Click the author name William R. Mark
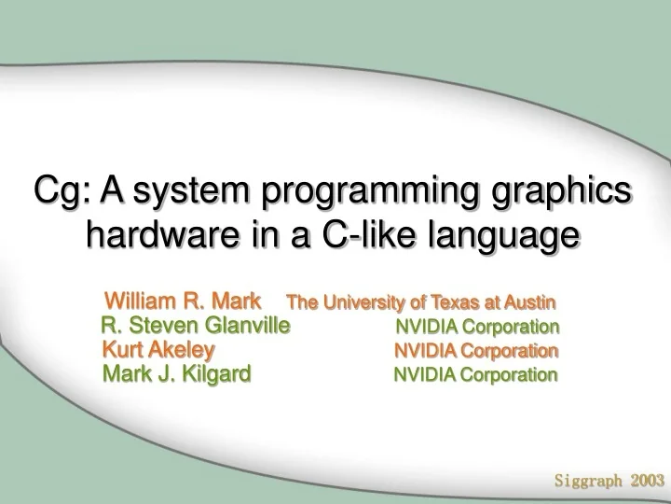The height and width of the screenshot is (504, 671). tap(182, 301)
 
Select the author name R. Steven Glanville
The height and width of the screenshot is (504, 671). tap(196, 326)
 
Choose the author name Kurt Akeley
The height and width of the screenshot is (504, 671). tap(158, 350)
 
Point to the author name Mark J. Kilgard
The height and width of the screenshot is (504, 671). tap(176, 374)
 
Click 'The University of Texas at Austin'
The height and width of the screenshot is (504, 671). tap(421, 302)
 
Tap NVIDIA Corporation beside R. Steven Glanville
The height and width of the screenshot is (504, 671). tap(477, 327)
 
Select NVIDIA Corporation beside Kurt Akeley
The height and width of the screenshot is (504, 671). tap(476, 351)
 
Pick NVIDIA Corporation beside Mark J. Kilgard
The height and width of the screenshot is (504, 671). tap(475, 375)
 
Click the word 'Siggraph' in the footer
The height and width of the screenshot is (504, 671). tap(589, 482)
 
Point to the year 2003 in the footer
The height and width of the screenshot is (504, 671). tap(647, 482)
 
